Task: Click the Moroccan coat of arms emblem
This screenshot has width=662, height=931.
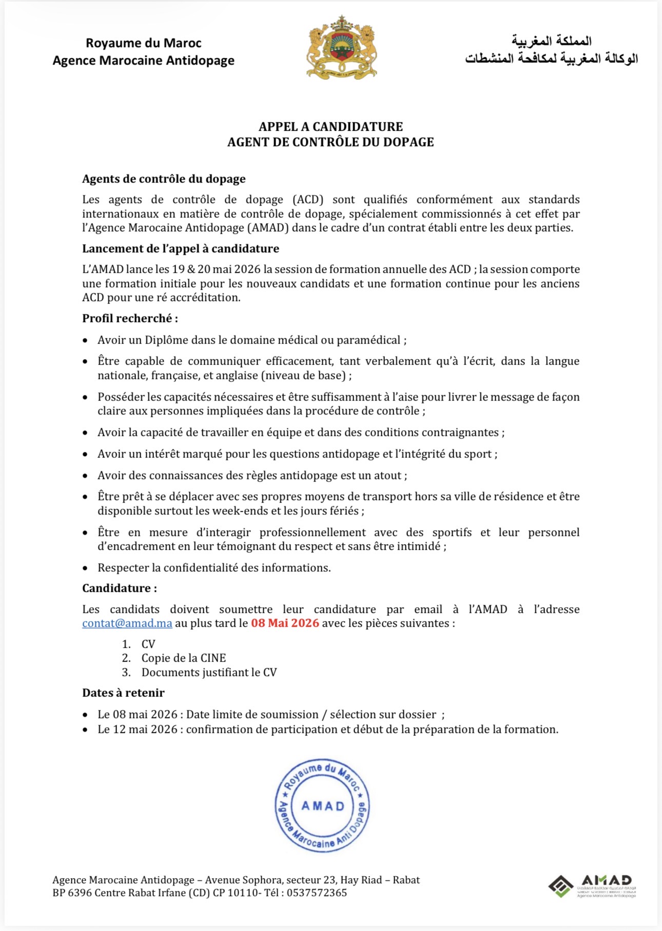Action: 341,48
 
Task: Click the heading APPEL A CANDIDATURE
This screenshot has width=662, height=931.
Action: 330,127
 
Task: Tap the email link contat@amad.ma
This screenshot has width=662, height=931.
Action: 127,623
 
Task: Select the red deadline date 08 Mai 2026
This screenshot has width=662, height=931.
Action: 285,623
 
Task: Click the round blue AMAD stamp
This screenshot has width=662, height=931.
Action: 322,805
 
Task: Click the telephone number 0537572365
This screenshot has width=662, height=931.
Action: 317,893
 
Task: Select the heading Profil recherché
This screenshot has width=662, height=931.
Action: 130,319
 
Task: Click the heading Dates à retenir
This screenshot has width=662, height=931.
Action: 123,693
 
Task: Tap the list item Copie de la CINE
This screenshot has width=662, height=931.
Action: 183,658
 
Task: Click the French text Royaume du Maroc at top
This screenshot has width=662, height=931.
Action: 143,43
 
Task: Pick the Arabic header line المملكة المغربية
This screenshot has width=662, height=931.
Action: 551,41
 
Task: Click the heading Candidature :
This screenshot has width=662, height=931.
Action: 120,588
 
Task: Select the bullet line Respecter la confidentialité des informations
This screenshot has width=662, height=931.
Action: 214,568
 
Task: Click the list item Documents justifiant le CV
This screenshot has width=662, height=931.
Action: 209,672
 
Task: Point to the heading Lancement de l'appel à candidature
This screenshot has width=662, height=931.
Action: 181,249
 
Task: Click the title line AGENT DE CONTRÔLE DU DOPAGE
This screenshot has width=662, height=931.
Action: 330,142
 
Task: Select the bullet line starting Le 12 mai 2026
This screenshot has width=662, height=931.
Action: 327,729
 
